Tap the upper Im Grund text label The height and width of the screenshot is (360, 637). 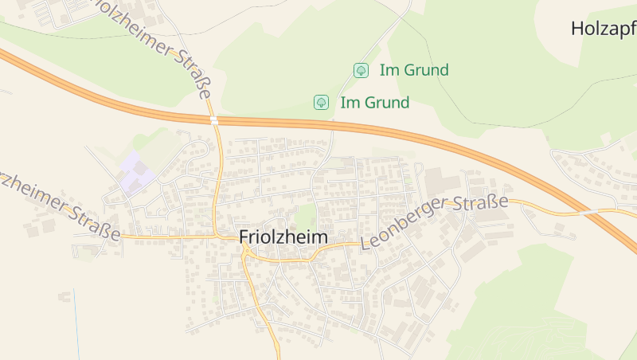point(414,70)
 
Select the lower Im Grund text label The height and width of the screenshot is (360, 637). point(374,103)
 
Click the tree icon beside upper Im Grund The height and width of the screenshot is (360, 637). point(361,70)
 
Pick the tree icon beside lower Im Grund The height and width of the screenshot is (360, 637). point(321,102)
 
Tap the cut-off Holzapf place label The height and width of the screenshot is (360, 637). point(603,29)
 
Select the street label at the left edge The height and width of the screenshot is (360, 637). point(60,203)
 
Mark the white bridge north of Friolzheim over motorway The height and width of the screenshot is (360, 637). point(214,120)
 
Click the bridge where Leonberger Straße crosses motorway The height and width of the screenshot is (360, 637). point(589,213)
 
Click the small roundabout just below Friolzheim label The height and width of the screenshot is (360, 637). point(247,252)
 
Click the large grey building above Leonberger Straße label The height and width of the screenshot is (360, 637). point(442,182)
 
